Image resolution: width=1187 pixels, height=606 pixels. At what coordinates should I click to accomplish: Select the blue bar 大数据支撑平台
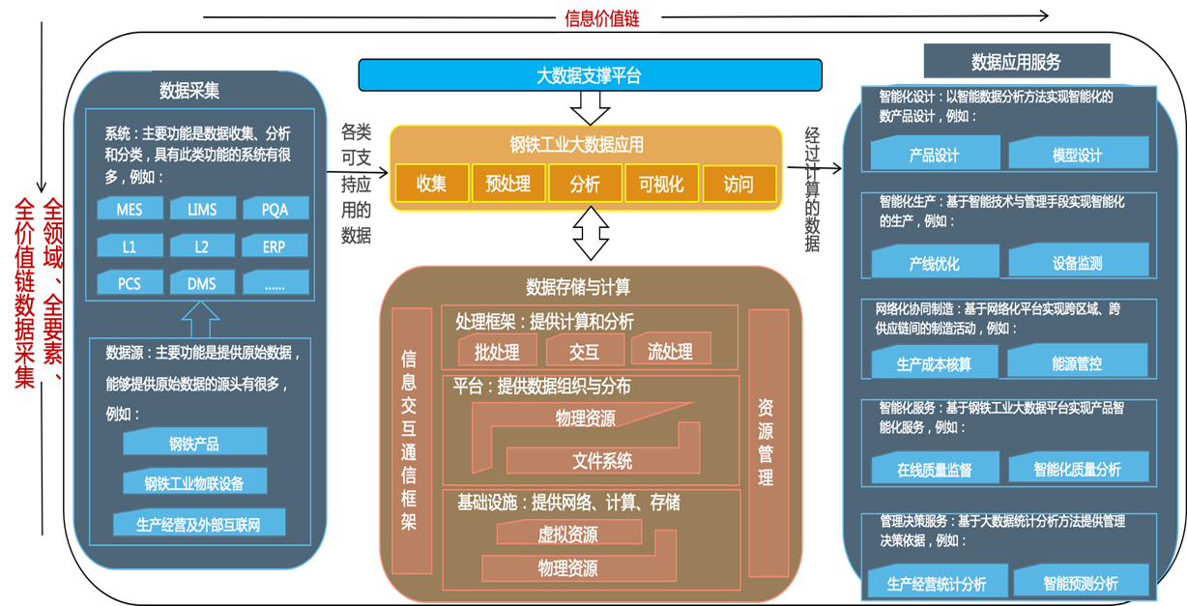point(590,75)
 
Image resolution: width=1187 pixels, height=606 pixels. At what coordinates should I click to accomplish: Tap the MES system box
point(129,210)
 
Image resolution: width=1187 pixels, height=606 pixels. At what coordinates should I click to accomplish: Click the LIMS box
point(201,210)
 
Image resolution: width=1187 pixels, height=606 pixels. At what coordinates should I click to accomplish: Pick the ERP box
point(274,246)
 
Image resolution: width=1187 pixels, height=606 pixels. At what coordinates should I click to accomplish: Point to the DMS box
point(201,284)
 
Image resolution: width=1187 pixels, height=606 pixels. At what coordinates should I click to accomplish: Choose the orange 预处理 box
point(508,184)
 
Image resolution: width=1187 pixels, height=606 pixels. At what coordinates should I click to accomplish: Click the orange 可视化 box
point(661,184)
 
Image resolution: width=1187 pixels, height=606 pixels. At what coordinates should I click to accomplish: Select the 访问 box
point(738,184)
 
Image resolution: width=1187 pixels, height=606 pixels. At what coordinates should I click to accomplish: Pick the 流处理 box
point(670,352)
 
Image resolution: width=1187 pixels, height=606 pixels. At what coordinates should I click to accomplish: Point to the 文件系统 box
point(602,460)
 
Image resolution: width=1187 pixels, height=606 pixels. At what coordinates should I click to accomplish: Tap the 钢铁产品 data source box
point(194,444)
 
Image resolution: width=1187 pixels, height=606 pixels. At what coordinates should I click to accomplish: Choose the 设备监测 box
point(1078,262)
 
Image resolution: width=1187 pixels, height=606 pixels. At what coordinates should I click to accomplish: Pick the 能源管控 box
point(1077,363)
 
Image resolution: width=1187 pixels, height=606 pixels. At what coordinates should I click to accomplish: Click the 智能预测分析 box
point(1081,583)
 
